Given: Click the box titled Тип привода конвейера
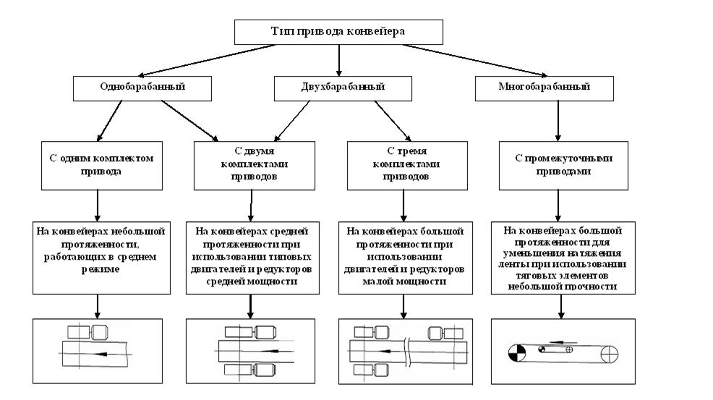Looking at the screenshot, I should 338,32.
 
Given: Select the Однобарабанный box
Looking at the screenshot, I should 142,88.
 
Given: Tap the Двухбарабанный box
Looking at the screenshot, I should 338,88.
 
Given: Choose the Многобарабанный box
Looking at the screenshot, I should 544,88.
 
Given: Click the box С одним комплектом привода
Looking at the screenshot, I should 97,166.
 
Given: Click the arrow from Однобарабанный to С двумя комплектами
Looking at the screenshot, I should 189,120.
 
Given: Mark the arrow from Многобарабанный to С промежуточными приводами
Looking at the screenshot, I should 557,119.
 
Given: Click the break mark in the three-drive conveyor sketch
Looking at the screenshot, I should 409,351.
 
